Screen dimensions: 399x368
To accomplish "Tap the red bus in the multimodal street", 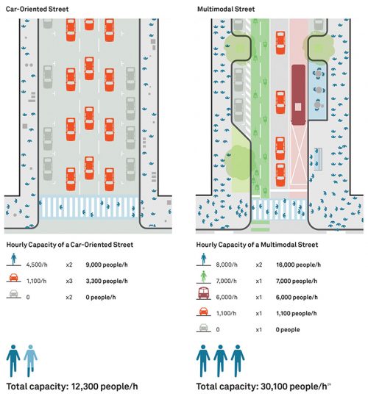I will click(299, 93).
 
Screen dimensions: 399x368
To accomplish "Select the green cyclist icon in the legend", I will click(205, 280).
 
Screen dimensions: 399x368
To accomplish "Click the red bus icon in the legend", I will click(205, 298).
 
